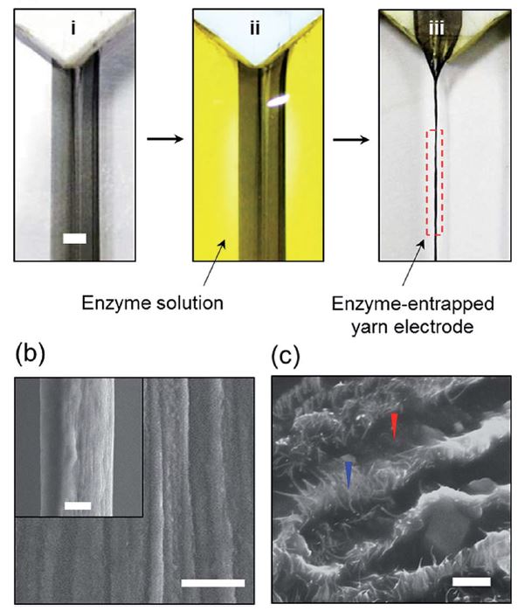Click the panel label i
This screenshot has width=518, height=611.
pyautogui.click(x=73, y=28)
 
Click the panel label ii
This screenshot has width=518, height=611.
pyautogui.click(x=255, y=28)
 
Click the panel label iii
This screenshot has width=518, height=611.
pyautogui.click(x=436, y=28)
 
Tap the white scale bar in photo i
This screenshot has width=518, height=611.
pyautogui.click(x=74, y=239)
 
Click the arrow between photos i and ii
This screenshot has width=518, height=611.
pyautogui.click(x=165, y=139)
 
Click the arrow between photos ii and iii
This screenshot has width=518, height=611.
pyautogui.click(x=350, y=139)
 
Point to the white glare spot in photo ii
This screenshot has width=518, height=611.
pyautogui.click(x=278, y=101)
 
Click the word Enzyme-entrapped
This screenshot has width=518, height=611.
pyautogui.click(x=413, y=305)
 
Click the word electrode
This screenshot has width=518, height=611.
pyautogui.click(x=434, y=327)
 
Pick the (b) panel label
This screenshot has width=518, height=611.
pyautogui.click(x=30, y=355)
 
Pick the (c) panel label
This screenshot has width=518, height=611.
pyautogui.click(x=286, y=356)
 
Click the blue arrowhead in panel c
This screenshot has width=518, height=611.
pyautogui.click(x=349, y=475)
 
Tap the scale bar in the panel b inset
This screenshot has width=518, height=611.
pyautogui.click(x=78, y=506)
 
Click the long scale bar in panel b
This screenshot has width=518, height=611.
pyautogui.click(x=213, y=583)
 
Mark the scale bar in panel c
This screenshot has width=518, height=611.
pyautogui.click(x=472, y=582)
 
